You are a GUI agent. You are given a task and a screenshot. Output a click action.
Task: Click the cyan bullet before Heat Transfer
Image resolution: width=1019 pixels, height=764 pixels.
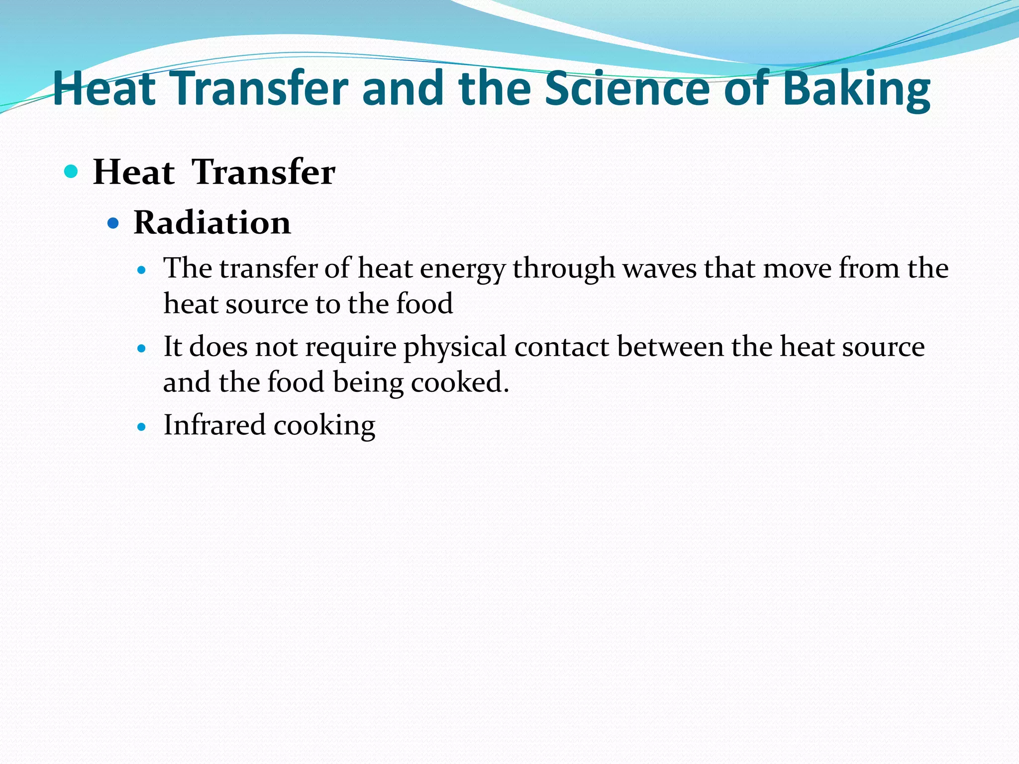click(72, 172)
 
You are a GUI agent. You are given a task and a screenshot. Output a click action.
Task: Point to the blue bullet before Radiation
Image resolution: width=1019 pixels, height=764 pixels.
click(113, 223)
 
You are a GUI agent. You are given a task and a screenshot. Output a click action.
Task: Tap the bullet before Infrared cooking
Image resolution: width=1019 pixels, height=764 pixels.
click(142, 427)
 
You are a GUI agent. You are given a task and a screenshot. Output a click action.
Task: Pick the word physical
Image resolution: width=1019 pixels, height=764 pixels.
click(455, 347)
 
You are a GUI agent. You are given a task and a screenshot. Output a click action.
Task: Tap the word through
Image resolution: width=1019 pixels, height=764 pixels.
click(564, 269)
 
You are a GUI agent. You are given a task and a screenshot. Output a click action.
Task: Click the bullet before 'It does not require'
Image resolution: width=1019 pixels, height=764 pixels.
click(142, 349)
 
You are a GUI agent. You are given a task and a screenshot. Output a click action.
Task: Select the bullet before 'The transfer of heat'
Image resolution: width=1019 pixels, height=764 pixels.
click(142, 271)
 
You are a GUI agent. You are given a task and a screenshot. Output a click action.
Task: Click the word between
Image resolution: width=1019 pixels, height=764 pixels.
click(670, 347)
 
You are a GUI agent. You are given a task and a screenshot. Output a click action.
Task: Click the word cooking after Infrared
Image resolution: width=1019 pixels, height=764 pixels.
click(324, 426)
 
